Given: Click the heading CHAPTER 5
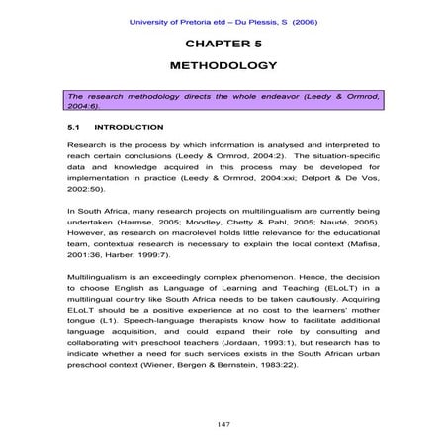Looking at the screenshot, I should coord(223,45).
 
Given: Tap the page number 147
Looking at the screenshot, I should coord(223,422).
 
